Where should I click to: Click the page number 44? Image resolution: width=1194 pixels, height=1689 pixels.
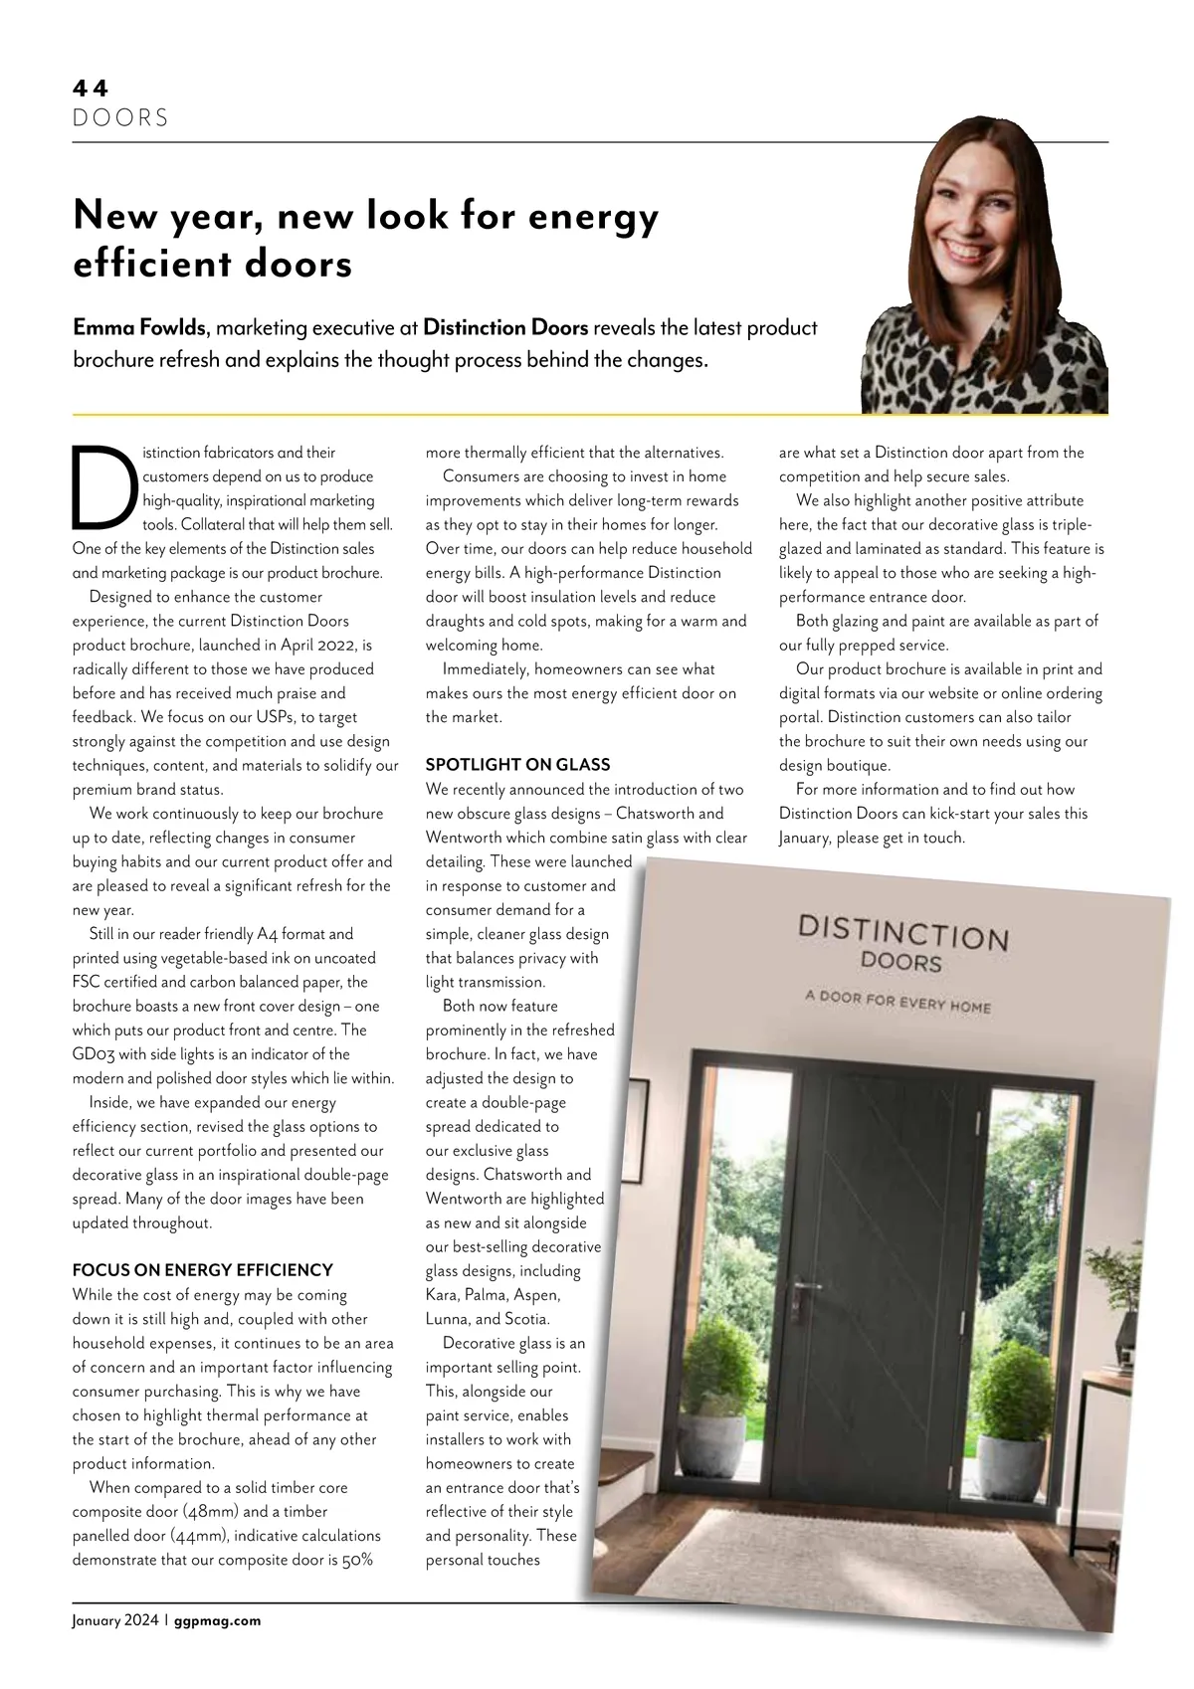tap(91, 88)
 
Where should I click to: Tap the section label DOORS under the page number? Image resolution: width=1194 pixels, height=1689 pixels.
tap(120, 118)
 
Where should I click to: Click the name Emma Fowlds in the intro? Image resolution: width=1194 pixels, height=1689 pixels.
tap(140, 327)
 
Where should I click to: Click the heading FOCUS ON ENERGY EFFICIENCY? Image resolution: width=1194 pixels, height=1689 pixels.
tap(202, 1270)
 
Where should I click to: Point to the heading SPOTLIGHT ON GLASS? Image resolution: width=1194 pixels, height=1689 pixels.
tap(517, 765)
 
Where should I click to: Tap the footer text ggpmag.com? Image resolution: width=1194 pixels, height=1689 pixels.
tap(217, 1620)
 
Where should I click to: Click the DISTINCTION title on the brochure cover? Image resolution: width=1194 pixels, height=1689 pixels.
tap(903, 932)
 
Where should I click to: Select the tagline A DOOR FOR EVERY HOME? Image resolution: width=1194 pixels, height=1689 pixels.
tap(897, 1001)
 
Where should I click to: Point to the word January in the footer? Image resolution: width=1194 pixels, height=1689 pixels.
tap(97, 1620)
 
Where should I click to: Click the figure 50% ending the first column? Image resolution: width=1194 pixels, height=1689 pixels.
tap(357, 1560)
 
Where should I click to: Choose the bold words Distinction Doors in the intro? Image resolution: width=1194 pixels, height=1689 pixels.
tap(505, 327)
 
